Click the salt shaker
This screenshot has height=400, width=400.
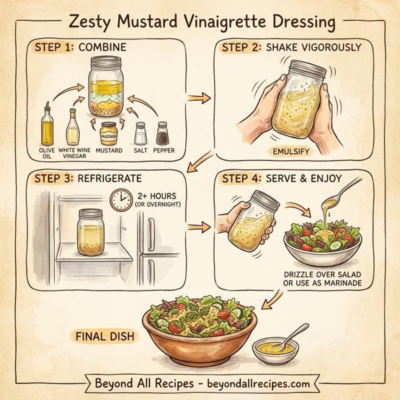(x=141, y=133)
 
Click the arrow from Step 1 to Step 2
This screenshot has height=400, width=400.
(x=196, y=99)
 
